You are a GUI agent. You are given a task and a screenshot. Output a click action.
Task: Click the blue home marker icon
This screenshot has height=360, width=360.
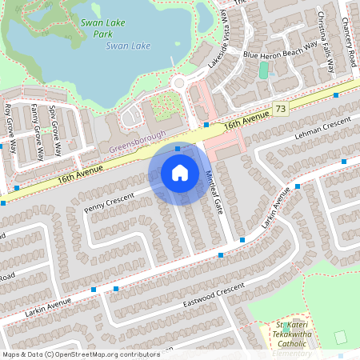click(x=179, y=173)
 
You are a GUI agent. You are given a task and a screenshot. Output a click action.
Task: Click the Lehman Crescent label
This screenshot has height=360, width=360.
click(x=322, y=126)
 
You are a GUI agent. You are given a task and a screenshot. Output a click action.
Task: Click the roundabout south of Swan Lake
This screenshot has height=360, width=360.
click(x=178, y=82)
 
